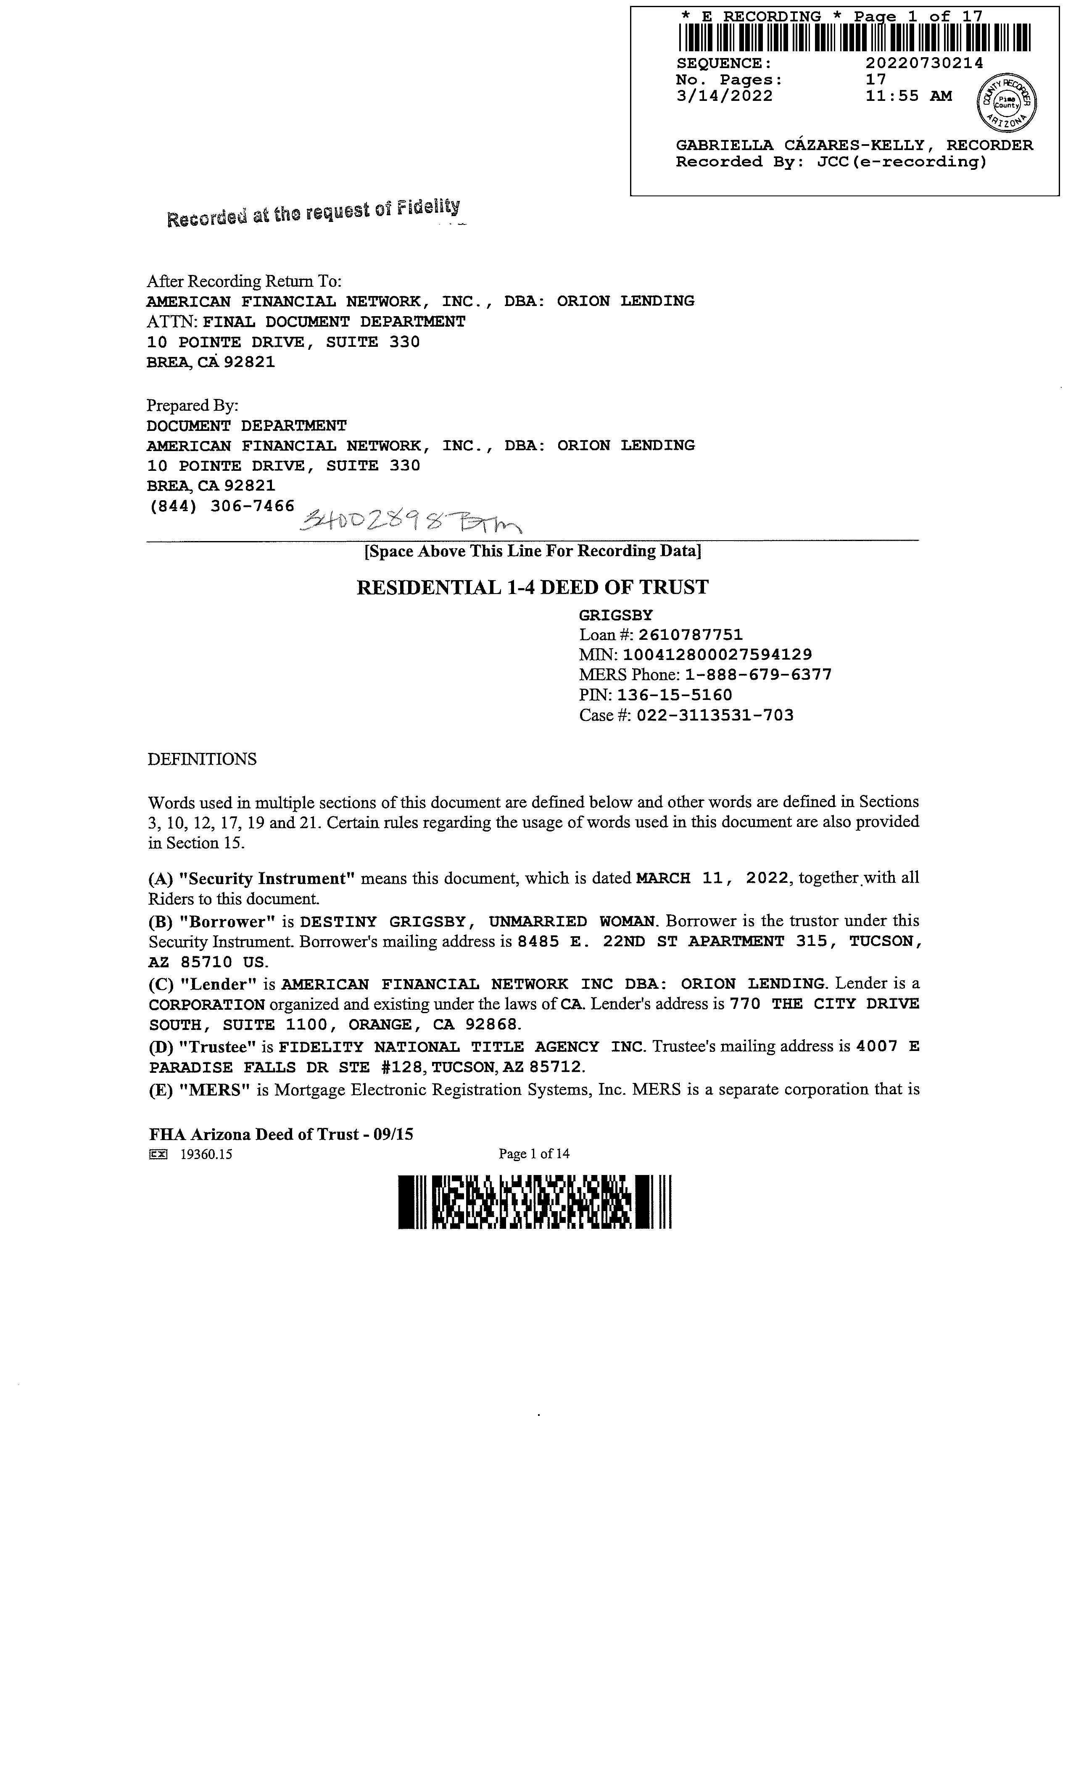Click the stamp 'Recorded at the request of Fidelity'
click(313, 213)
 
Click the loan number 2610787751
click(691, 635)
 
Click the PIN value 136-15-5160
click(675, 695)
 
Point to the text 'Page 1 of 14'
click(534, 1154)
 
